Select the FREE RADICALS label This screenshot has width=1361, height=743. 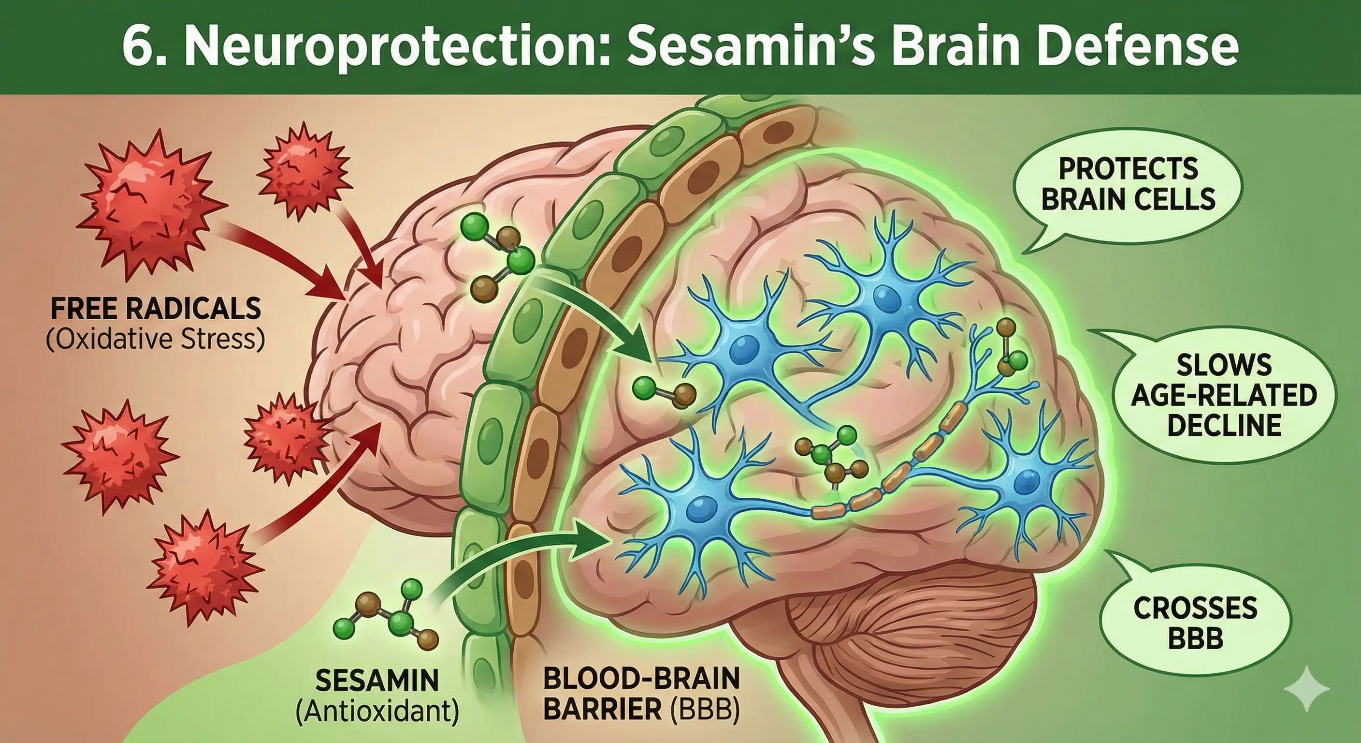pos(156,308)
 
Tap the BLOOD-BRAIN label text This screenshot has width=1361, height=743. pos(641,680)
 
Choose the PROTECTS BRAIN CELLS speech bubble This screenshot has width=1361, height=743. pos(1128,185)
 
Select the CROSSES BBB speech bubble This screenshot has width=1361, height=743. pos(1195,624)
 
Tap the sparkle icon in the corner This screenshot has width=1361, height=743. pos(1306,688)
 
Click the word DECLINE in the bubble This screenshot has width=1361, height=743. pos(1224,426)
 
